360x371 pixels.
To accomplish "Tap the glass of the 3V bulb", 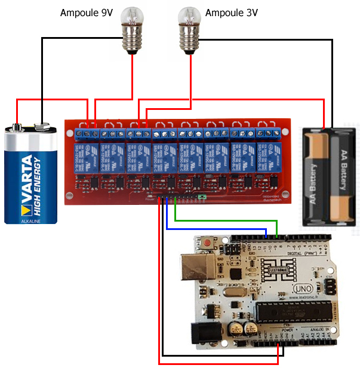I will [190, 18].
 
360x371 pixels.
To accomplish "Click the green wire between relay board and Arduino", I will [227, 221].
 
